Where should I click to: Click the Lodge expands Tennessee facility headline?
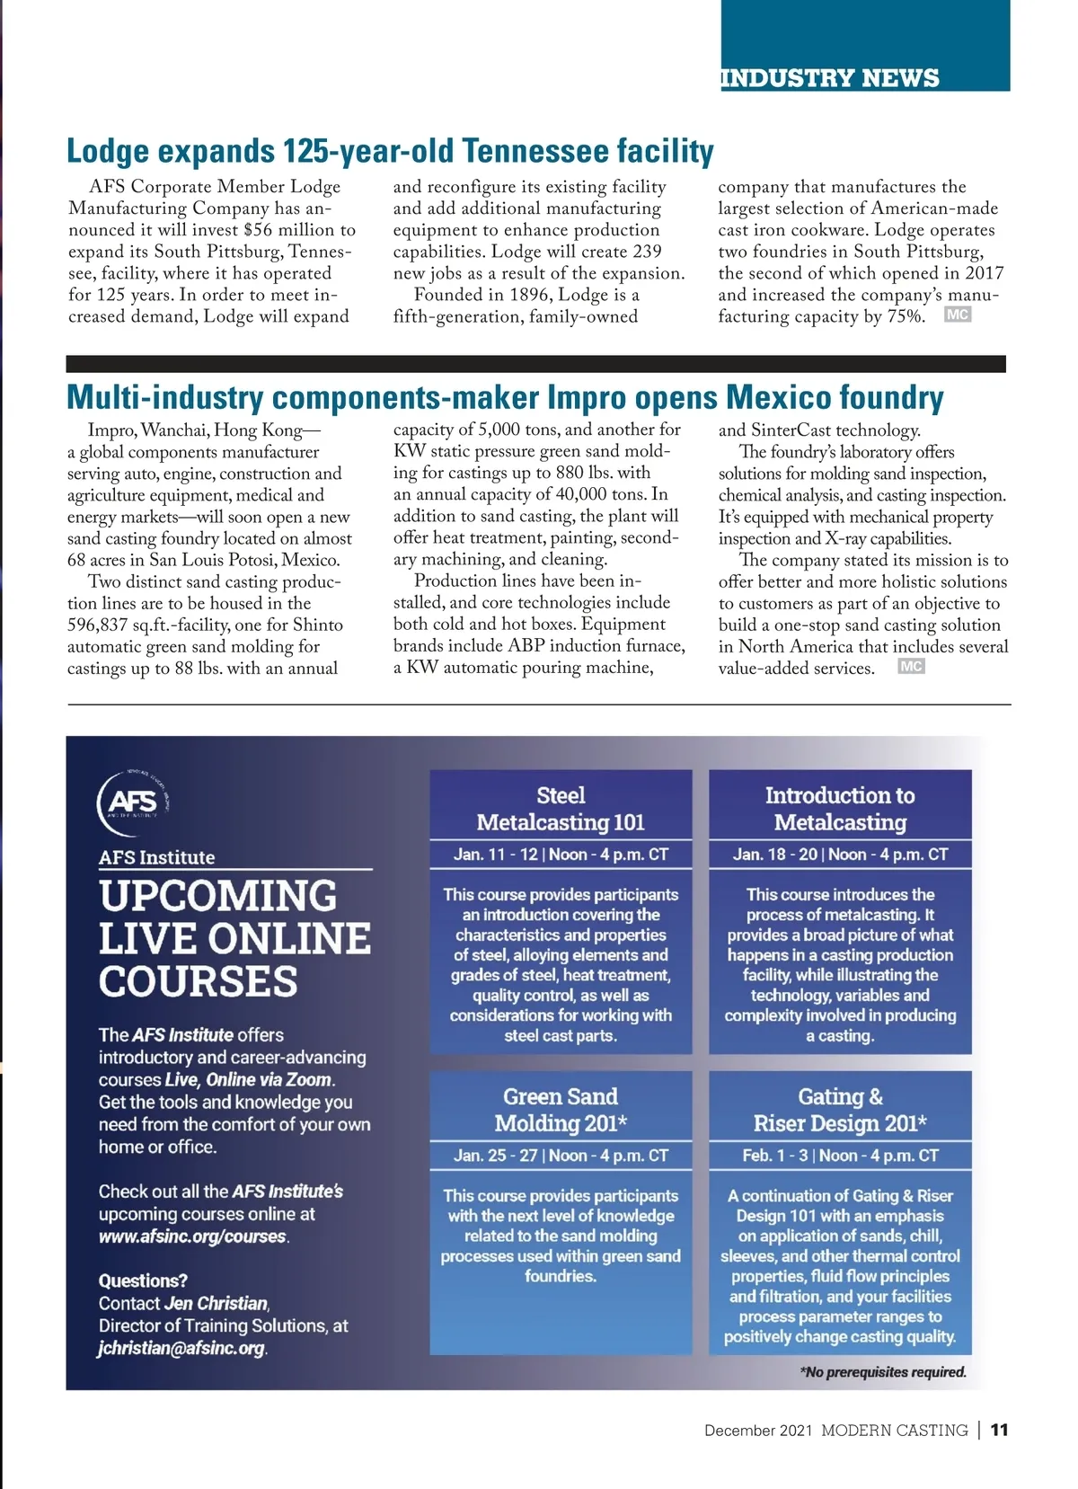pyautogui.click(x=390, y=151)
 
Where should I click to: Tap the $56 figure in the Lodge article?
pyautogui.click(x=257, y=230)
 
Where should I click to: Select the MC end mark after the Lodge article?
pyautogui.click(x=958, y=315)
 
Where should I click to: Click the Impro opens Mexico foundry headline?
pyautogui.click(x=505, y=397)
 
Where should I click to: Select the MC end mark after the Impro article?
pyautogui.click(x=911, y=667)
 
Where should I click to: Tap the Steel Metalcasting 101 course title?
pyautogui.click(x=561, y=809)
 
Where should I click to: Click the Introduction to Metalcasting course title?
pyautogui.click(x=840, y=809)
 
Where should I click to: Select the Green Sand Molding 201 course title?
pyautogui.click(x=561, y=1110)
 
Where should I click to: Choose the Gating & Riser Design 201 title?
pyautogui.click(x=840, y=1110)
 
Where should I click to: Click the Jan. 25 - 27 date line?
pyautogui.click(x=561, y=1156)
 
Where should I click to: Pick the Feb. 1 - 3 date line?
pyautogui.click(x=840, y=1156)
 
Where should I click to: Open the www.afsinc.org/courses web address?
pyautogui.click(x=192, y=1236)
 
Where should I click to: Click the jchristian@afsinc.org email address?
pyautogui.click(x=181, y=1348)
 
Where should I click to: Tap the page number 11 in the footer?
pyautogui.click(x=1000, y=1431)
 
